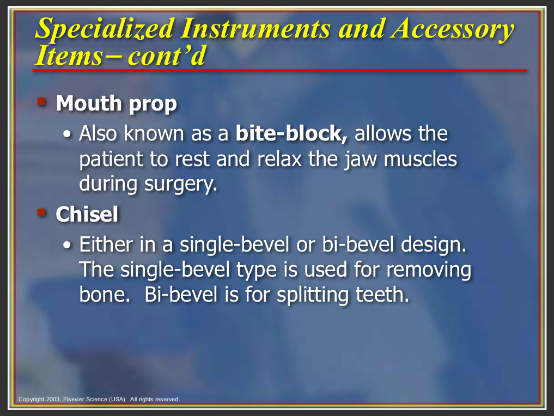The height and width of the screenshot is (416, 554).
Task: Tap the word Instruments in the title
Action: (255, 28)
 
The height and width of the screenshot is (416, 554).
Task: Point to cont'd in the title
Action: (167, 56)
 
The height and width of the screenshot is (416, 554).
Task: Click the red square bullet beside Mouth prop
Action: (42, 102)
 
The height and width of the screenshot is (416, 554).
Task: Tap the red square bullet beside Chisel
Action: (42, 212)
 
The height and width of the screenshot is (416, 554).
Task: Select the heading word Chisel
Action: (87, 214)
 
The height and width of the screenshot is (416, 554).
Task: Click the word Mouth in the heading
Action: (89, 103)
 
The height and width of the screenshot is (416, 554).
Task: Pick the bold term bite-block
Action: (291, 133)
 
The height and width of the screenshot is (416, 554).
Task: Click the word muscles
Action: (420, 159)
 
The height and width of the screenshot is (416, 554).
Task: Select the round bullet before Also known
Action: (67, 134)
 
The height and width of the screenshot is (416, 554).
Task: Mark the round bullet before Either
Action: (67, 245)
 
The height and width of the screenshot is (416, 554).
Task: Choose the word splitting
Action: (312, 295)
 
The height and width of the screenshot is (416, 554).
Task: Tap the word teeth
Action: (382, 295)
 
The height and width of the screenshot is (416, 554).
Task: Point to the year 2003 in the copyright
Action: (53, 400)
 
